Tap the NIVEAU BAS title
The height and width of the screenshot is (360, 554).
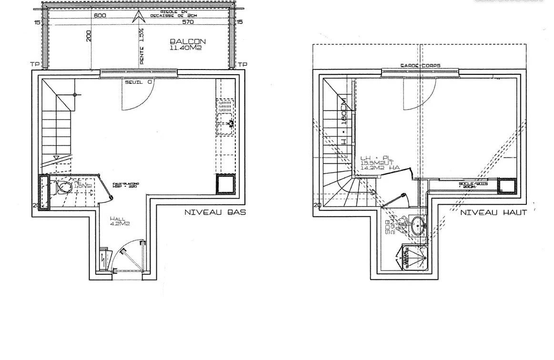(x=215, y=212)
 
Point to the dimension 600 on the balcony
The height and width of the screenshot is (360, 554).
(x=99, y=15)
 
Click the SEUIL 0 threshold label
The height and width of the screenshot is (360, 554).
(x=139, y=82)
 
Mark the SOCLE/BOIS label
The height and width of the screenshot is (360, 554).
(x=468, y=184)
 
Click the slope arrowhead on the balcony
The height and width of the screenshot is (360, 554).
(x=140, y=17)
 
